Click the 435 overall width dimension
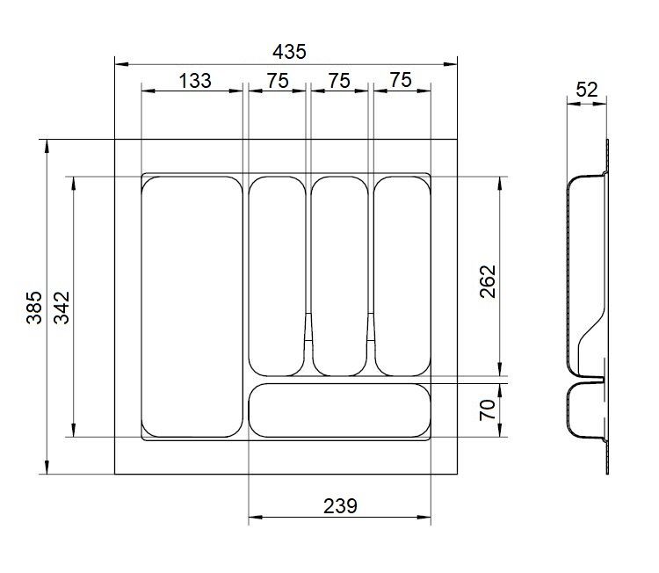click(289, 52)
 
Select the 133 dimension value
click(195, 81)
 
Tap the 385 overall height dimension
click(34, 308)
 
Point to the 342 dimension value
click(62, 308)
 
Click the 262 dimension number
click(488, 281)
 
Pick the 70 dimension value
click(488, 410)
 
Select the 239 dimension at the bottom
click(340, 506)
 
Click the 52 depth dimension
click(587, 90)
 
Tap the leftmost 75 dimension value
click(278, 81)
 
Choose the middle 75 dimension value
click(339, 81)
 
